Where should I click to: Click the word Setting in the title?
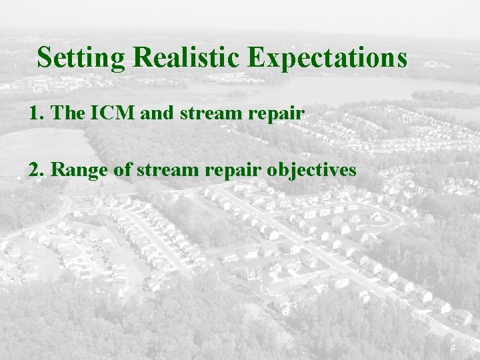pos(81,58)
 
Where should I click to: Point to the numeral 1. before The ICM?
pos(35,114)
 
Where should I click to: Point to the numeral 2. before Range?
pos(35,170)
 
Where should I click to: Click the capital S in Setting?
pos(45,58)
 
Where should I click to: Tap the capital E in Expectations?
pos(257,58)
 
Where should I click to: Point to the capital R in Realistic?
pos(142,58)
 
